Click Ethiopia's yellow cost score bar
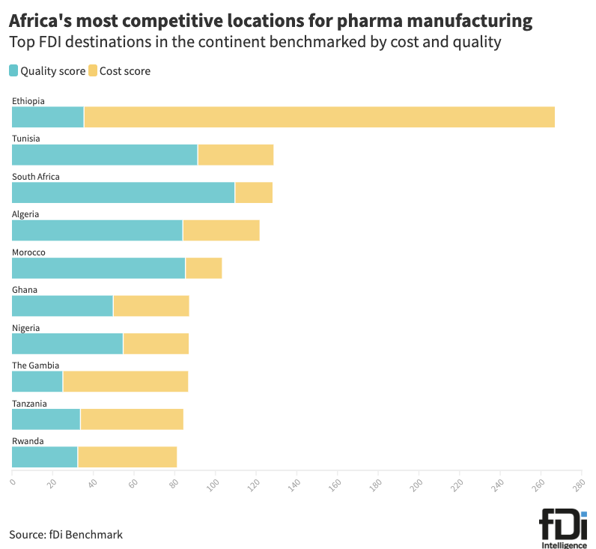(319, 117)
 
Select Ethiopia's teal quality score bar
(48, 117)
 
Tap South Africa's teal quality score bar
(123, 192)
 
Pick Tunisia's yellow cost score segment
(235, 154)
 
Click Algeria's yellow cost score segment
(221, 230)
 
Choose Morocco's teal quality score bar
(98, 268)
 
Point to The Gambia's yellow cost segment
(125, 381)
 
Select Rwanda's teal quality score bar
(44, 457)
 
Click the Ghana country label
(25, 290)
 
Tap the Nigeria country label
(26, 328)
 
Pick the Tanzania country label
(29, 404)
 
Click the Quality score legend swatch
(14, 71)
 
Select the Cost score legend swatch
(93, 71)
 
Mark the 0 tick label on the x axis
(13, 481)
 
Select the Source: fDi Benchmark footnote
(66, 535)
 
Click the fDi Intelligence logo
(564, 529)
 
